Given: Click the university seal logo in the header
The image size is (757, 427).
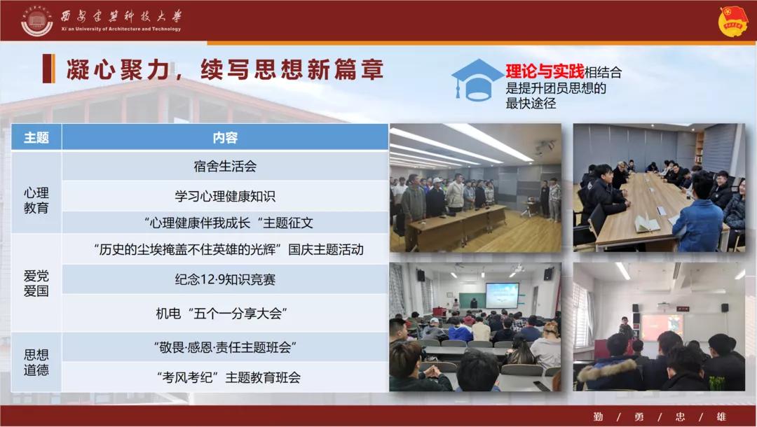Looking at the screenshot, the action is click(37, 21).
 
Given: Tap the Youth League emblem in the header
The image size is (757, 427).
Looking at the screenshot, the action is click(733, 21).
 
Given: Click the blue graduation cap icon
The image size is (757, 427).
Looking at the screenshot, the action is click(477, 80).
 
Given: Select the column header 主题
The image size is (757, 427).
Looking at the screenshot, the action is click(36, 138).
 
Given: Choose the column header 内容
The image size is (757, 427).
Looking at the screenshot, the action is click(225, 138).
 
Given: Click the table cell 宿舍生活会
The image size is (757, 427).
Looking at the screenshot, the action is click(225, 167).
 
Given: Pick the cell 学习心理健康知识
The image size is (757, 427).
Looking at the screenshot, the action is click(225, 196).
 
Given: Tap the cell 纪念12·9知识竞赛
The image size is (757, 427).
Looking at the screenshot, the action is click(225, 279).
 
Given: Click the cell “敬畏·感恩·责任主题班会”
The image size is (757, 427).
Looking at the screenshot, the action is click(225, 347).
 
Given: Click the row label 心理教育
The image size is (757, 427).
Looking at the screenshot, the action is click(36, 200).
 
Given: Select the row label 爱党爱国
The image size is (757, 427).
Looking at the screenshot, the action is click(36, 283).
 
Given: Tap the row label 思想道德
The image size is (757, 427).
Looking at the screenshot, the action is click(36, 363).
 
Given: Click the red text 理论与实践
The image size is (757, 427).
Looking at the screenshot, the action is click(545, 71).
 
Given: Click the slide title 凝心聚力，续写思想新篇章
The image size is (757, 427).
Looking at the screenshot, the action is click(225, 69).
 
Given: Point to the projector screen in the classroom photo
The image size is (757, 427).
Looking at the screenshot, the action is click(502, 295).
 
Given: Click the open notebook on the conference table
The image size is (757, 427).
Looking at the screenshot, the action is click(646, 223).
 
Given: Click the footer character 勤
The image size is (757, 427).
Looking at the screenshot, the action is click(598, 416).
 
